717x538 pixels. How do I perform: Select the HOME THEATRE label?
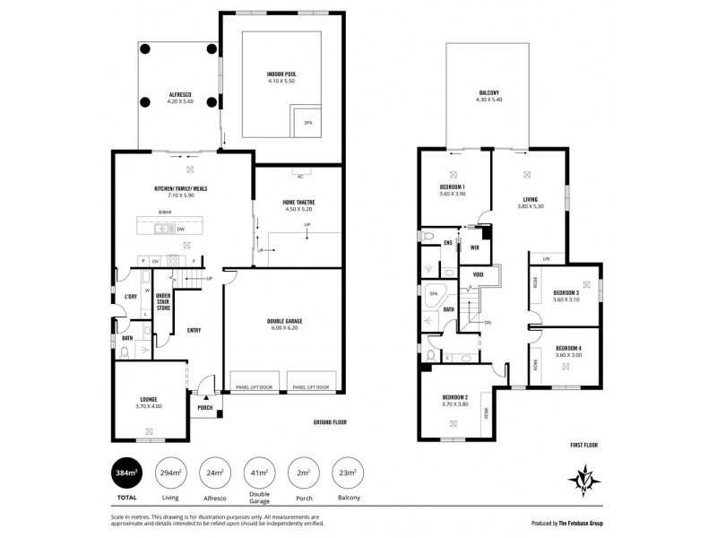[x=287, y=201]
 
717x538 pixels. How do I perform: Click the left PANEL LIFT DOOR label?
[x=254, y=387]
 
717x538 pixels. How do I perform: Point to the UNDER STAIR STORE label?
[x=163, y=302]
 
